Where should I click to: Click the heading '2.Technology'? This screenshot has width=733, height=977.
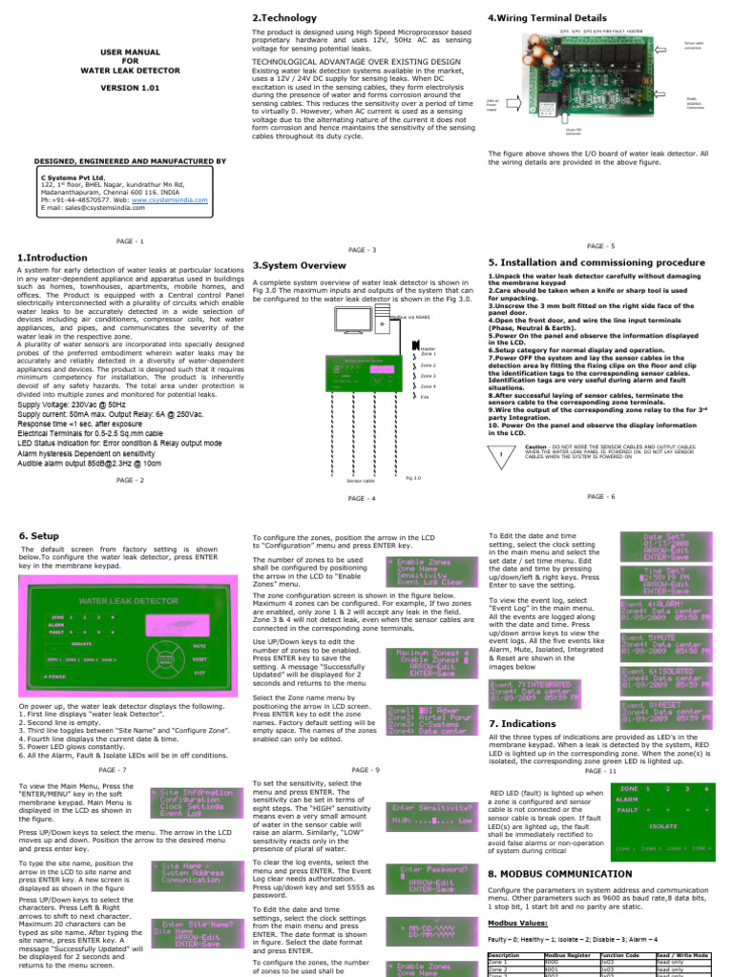284,18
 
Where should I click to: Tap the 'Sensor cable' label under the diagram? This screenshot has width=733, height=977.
359,481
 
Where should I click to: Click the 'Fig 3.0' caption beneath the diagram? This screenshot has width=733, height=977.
413,477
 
